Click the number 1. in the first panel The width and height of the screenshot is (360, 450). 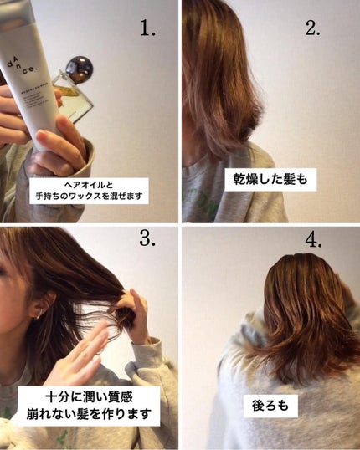pyautogui.click(x=147, y=28)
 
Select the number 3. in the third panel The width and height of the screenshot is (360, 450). pyautogui.click(x=148, y=241)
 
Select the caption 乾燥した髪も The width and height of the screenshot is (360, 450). pyautogui.click(x=273, y=178)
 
